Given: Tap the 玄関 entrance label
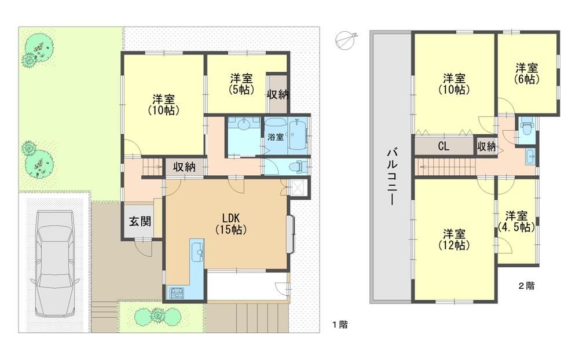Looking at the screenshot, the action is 140,221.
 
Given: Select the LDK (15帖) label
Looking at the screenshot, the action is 231,223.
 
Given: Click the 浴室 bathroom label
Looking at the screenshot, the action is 276,137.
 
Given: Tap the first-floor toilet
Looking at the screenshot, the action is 299,167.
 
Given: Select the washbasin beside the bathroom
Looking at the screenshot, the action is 244,124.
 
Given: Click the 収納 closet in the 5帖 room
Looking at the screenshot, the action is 278,94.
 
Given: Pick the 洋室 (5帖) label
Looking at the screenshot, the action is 241,83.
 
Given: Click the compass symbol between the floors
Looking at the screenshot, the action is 346,39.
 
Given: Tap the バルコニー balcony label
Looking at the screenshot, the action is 392,177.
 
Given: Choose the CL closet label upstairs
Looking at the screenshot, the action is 444,146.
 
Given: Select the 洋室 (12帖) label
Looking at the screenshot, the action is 454,240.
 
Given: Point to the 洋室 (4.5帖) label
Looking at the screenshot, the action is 516,221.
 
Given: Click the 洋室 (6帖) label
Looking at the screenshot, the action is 526,73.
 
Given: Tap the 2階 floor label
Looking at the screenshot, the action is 526,285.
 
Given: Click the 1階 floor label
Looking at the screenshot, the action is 340,325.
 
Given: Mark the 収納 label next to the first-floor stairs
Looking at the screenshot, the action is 184,167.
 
